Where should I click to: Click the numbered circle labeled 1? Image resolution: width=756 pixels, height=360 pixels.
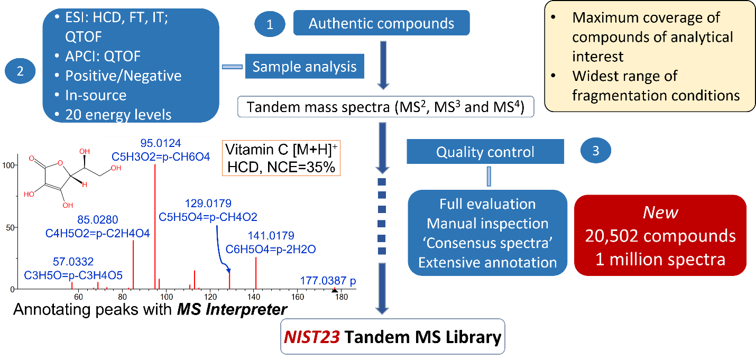[270, 25]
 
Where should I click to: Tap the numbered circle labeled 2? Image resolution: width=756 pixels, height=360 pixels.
[20, 71]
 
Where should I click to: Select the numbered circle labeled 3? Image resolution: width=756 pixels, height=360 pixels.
[596, 151]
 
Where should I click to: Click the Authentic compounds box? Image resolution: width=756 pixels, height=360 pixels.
[381, 24]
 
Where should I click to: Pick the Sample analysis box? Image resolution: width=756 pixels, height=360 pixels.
[305, 67]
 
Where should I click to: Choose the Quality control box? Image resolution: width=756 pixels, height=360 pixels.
[485, 152]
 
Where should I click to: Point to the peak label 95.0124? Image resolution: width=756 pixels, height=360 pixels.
[161, 143]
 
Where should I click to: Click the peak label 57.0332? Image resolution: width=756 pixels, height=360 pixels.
[74, 261]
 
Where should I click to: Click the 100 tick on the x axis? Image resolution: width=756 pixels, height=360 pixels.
[167, 297]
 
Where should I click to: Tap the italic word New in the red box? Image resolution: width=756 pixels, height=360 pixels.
[660, 213]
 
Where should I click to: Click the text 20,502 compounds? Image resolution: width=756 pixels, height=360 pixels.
[660, 236]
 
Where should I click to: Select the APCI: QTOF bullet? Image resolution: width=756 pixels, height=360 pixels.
[103, 56]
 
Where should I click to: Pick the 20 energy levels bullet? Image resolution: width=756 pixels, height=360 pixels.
[118, 115]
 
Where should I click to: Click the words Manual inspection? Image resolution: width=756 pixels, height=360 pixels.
[487, 224]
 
